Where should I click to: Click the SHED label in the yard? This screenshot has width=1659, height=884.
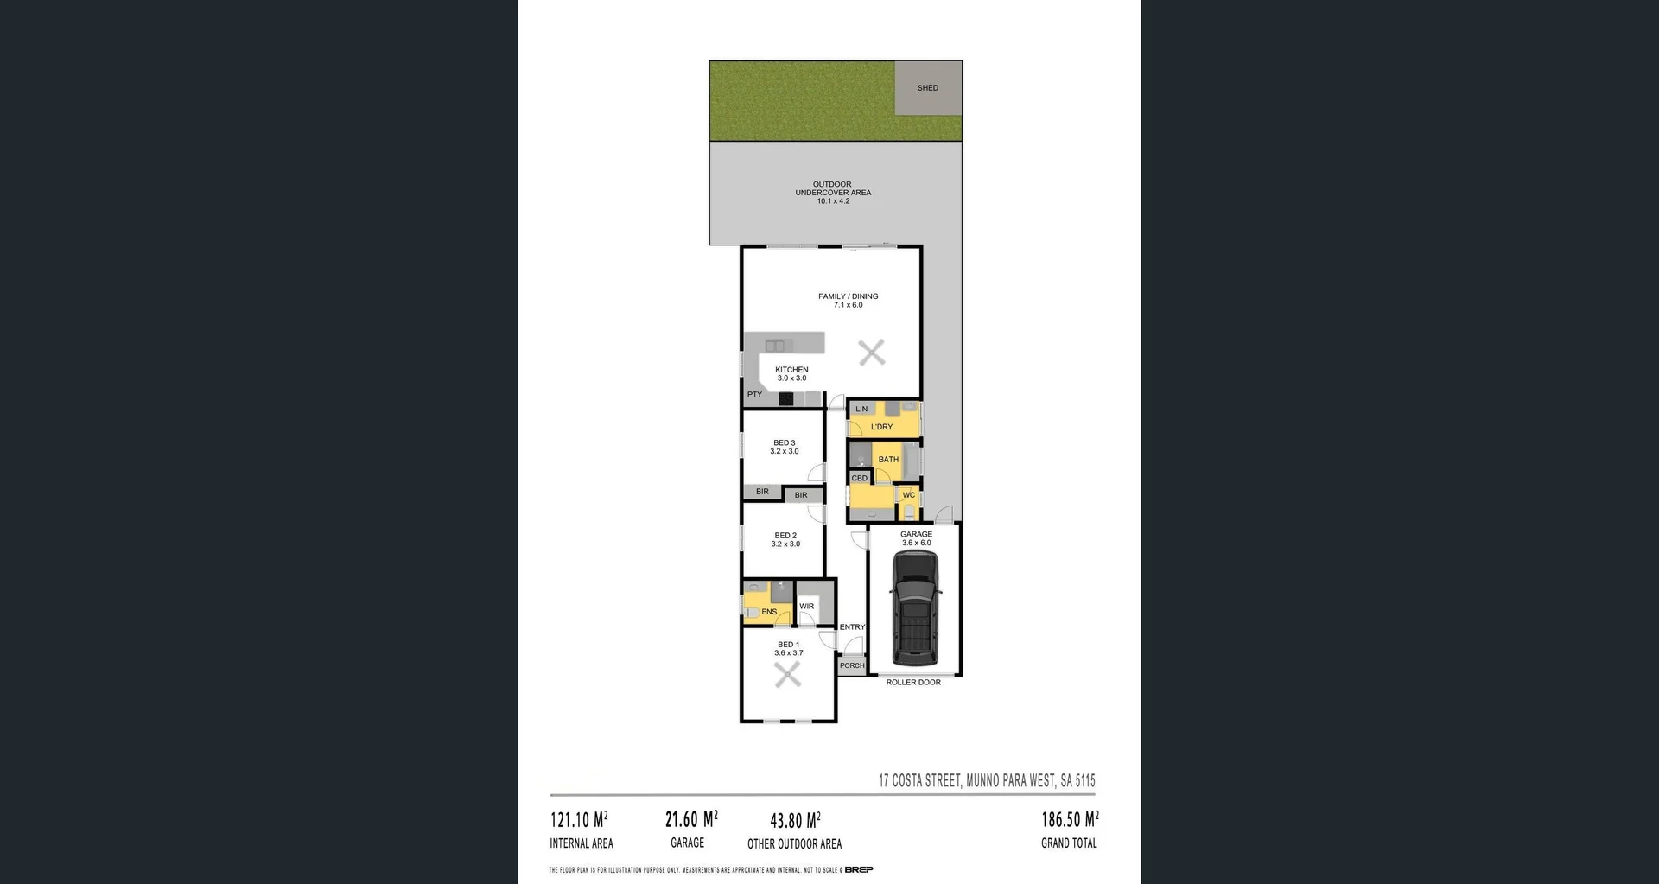[x=927, y=88]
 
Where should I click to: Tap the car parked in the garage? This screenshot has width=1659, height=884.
[x=915, y=608]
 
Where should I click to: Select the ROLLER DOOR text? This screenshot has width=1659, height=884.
[x=913, y=683]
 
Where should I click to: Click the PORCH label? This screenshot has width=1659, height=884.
[x=852, y=665]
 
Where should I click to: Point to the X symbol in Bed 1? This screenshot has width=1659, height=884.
[x=787, y=675]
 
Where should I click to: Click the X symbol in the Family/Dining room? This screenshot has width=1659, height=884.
[x=872, y=352]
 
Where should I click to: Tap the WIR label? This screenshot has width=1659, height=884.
[x=806, y=607]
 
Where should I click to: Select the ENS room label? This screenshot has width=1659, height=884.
[x=769, y=612]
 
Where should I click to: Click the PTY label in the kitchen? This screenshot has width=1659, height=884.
[x=754, y=395]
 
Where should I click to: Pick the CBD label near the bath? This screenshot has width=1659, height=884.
[x=859, y=478]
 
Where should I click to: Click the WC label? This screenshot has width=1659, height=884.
[x=908, y=495]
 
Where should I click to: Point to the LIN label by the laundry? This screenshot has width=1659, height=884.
[x=861, y=409]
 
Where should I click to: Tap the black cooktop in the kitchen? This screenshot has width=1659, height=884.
[x=786, y=398]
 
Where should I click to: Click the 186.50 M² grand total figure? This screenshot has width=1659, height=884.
[x=1069, y=819]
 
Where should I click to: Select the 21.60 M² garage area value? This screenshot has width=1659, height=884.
[x=690, y=819]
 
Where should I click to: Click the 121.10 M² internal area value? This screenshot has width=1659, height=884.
[x=578, y=819]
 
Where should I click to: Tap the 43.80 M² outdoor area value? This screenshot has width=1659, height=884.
[x=795, y=820]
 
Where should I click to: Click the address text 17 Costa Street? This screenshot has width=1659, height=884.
[x=987, y=780]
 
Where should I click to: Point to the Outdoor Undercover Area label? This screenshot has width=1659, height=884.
[x=833, y=193]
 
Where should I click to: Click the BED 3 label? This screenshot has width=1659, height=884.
[x=784, y=443]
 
